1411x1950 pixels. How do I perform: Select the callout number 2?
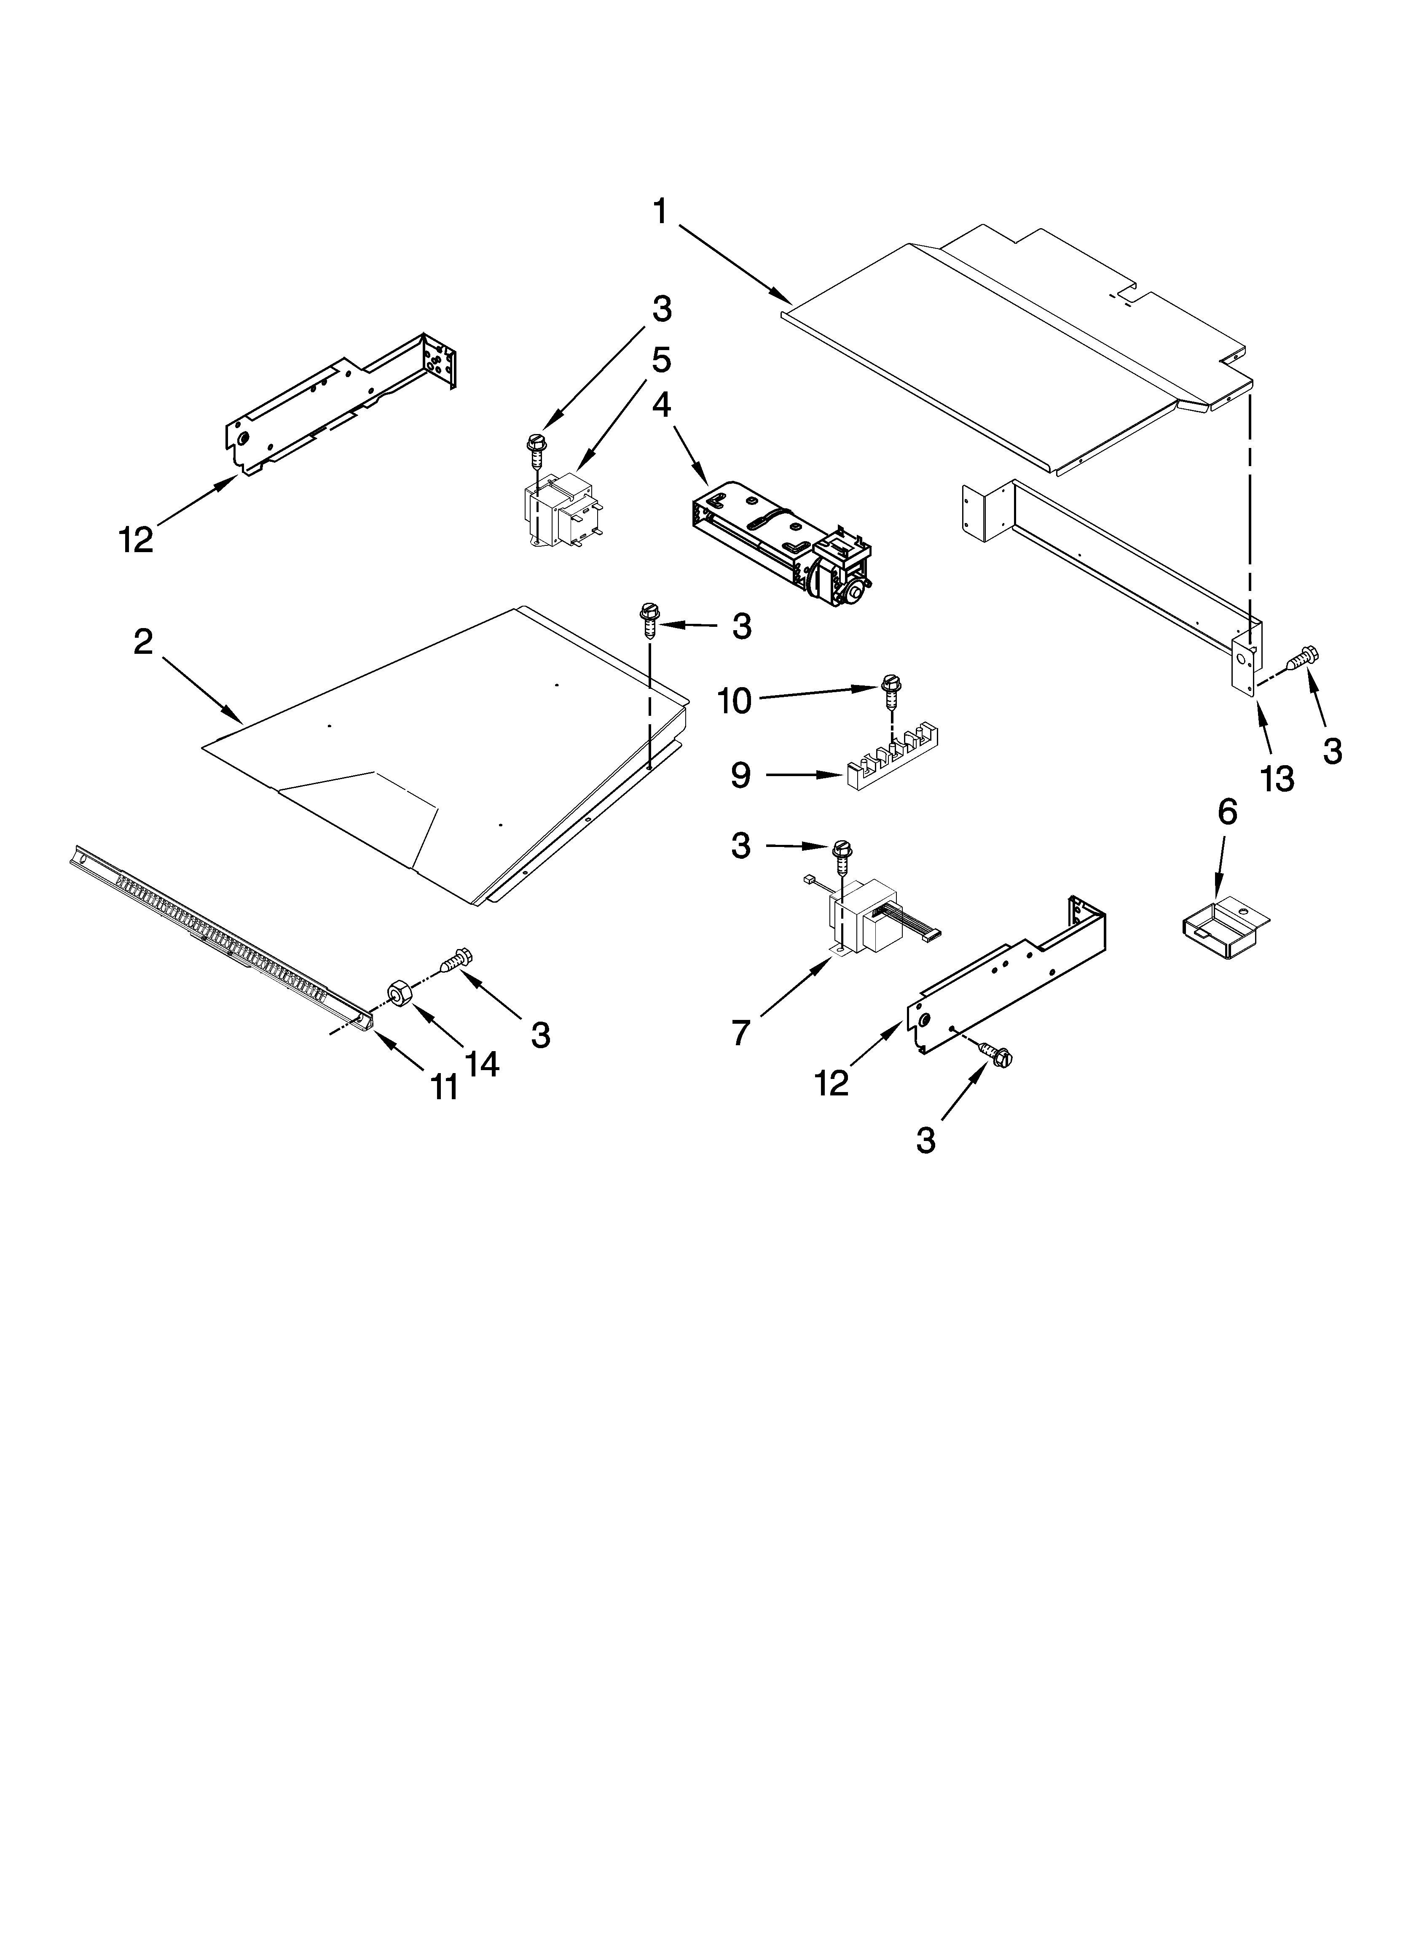(x=144, y=642)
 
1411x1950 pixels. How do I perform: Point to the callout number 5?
(x=661, y=359)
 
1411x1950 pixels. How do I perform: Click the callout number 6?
(x=1227, y=812)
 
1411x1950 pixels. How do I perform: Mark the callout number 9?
(x=741, y=776)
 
